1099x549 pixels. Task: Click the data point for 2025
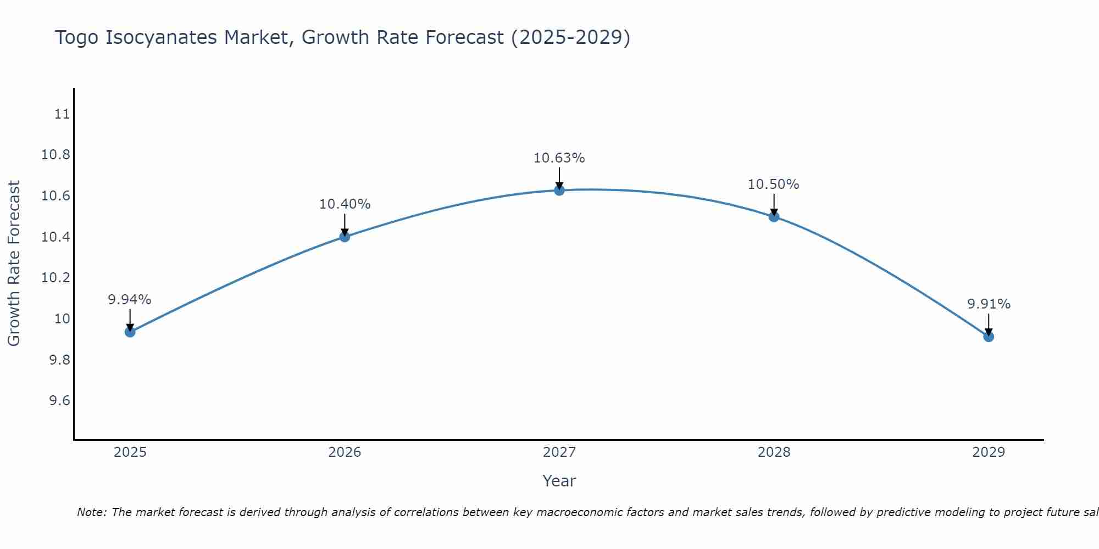point(130,332)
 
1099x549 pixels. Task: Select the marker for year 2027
point(559,190)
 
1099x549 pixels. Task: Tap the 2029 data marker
point(989,336)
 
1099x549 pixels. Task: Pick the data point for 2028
point(774,216)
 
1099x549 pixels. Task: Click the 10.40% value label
point(345,204)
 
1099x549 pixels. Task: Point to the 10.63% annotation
point(559,158)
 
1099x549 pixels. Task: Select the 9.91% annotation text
point(989,304)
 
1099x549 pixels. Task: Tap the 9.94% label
point(129,300)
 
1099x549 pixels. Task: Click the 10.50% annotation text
point(773,184)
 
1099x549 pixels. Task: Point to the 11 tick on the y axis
point(62,114)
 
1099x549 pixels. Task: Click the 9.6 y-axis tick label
point(59,401)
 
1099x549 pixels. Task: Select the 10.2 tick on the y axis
point(55,278)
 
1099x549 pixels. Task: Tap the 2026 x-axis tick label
point(345,452)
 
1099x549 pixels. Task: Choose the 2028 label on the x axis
point(774,452)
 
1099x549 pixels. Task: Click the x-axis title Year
point(559,481)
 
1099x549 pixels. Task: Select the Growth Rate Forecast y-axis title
point(14,264)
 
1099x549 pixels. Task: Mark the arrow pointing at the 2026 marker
point(345,225)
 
